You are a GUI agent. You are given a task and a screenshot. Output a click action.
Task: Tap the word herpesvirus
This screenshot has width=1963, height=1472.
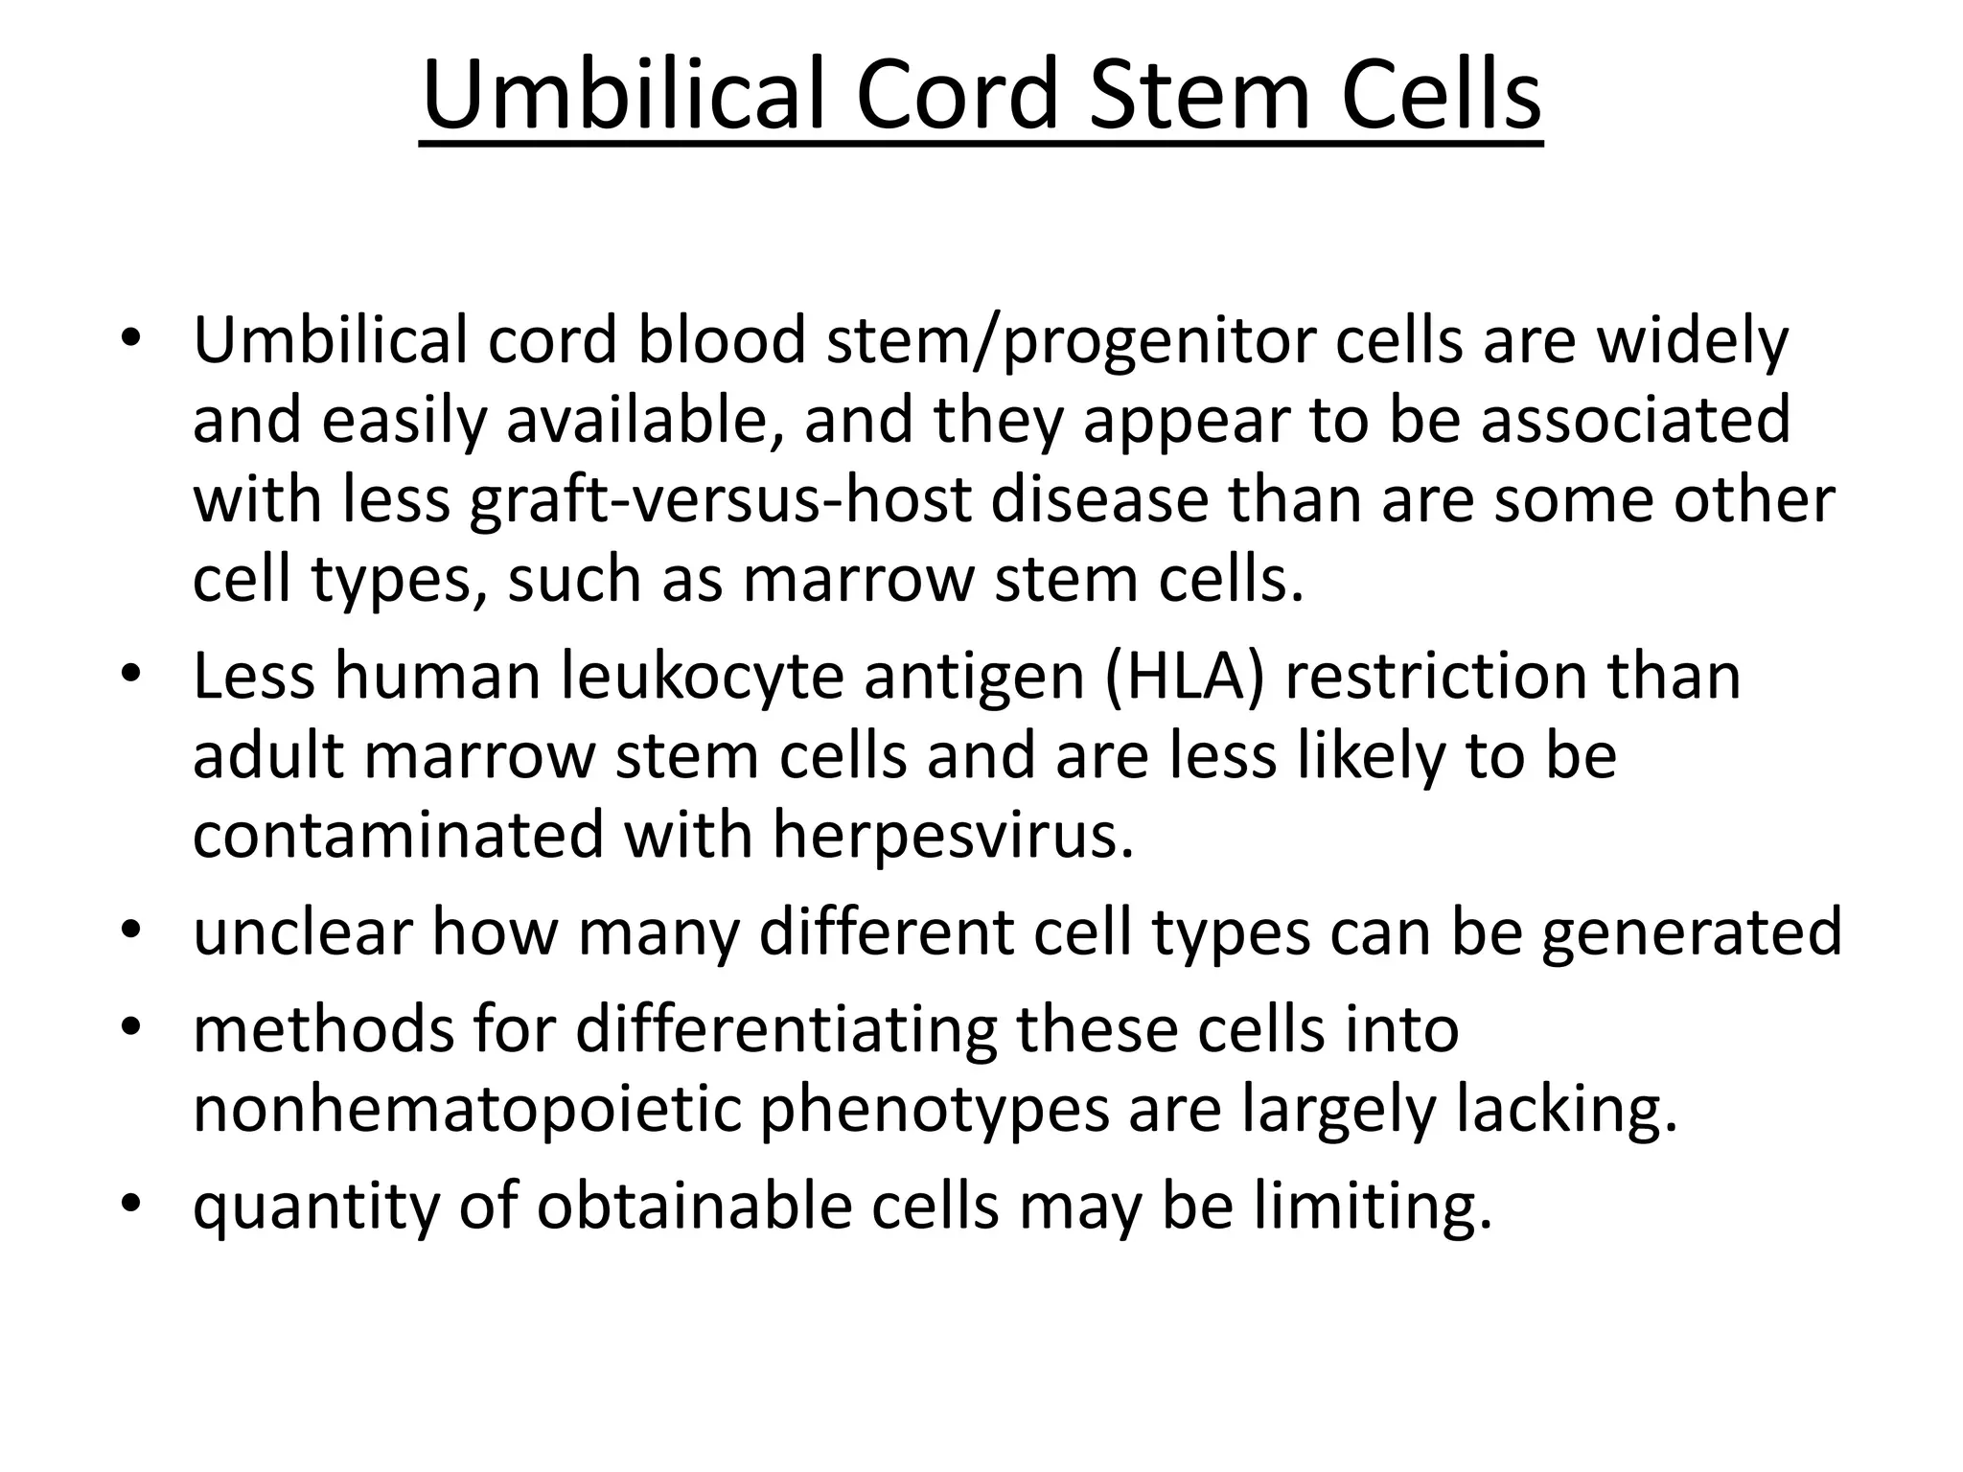tap(953, 835)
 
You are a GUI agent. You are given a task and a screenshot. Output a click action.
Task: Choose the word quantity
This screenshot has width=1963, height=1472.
tap(315, 1207)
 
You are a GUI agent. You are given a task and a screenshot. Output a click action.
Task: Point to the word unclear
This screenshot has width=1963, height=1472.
tap(303, 931)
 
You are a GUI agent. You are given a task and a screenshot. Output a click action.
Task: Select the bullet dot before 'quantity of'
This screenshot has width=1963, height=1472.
tap(131, 1206)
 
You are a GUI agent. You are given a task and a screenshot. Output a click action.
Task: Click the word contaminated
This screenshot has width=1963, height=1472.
tap(399, 835)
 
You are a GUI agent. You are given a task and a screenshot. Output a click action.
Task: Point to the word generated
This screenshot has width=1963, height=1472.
tap(1691, 931)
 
